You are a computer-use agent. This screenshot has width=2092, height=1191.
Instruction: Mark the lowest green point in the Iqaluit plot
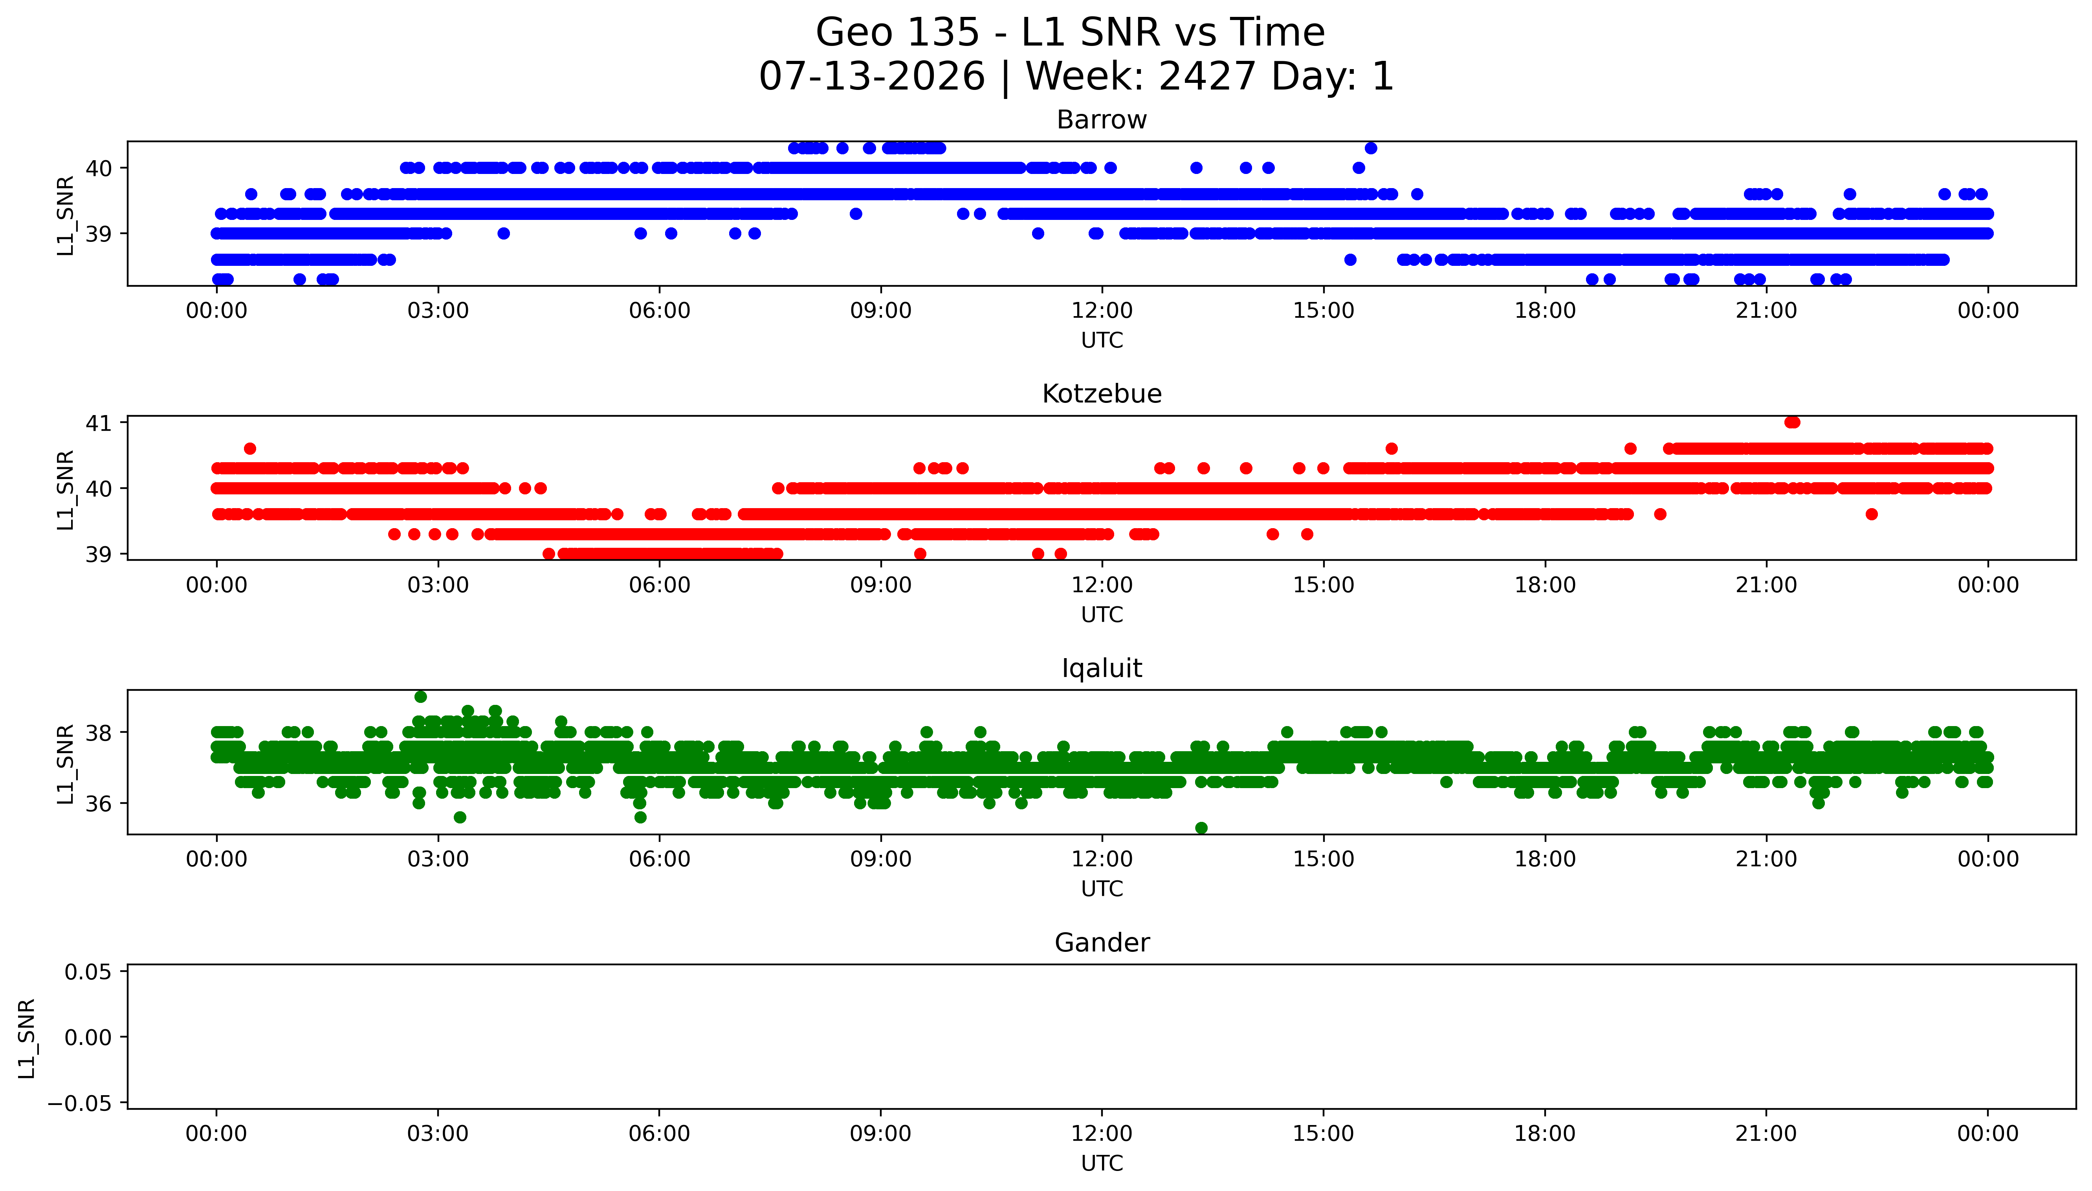click(x=1201, y=828)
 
